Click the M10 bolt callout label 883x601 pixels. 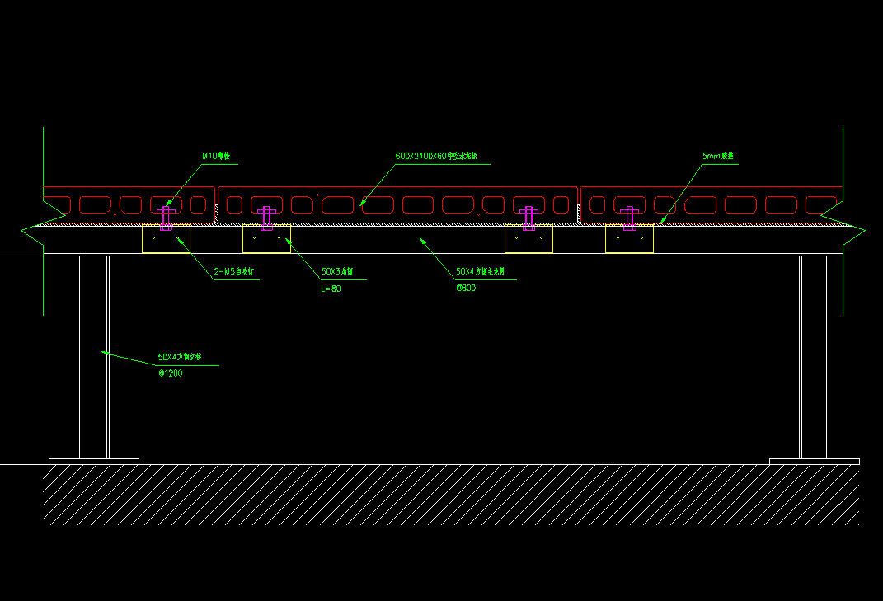click(216, 156)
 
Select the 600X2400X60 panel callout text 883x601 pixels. click(443, 156)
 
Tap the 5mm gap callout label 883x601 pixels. click(717, 156)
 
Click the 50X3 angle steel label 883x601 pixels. click(337, 271)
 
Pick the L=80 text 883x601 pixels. click(331, 289)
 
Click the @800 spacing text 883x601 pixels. click(466, 289)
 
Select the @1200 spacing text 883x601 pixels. click(171, 373)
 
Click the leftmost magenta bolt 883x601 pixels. click(167, 217)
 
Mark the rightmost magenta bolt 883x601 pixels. click(629, 217)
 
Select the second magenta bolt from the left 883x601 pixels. click(266, 217)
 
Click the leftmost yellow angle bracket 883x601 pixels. click(166, 239)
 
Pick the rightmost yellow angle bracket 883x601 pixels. click(629, 239)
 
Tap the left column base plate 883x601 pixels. click(94, 462)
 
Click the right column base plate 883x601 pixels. click(814, 462)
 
